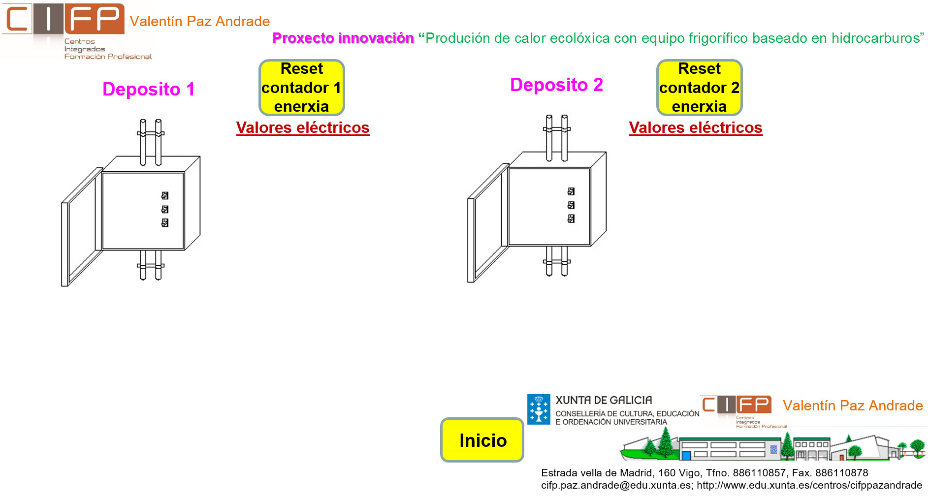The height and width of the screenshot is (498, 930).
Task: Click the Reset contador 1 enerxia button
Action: (x=301, y=88)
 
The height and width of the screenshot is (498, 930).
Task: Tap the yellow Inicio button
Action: (x=482, y=440)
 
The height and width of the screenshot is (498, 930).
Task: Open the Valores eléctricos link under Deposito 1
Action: (x=303, y=127)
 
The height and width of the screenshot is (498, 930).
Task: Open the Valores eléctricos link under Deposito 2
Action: (x=695, y=127)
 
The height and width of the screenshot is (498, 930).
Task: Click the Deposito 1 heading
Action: (x=148, y=90)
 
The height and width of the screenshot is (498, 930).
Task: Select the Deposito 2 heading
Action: (x=556, y=85)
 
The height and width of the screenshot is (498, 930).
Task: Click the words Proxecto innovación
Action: (x=343, y=38)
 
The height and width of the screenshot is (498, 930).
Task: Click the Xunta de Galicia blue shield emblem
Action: (x=539, y=409)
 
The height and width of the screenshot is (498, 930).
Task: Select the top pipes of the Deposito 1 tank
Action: (x=150, y=140)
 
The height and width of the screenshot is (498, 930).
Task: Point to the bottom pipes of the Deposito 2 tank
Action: (x=557, y=261)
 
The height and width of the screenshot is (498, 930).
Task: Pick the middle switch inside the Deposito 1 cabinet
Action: (x=165, y=209)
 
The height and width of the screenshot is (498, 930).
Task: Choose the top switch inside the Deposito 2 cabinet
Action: (x=571, y=191)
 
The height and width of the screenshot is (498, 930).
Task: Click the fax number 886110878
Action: (x=841, y=473)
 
